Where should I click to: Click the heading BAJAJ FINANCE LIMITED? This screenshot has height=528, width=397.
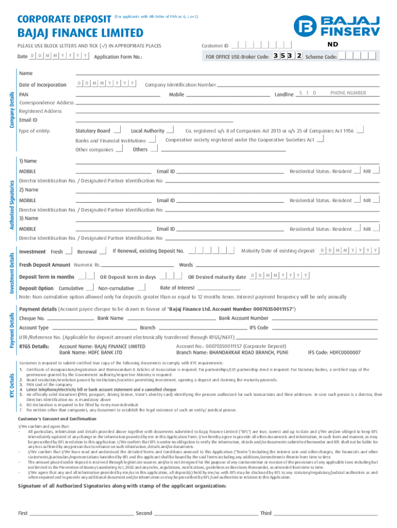81,34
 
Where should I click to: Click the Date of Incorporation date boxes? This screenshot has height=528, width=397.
106,84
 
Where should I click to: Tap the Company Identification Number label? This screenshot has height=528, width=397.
180,85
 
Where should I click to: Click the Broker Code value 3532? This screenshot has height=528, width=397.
288,56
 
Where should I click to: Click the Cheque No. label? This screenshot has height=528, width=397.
31,318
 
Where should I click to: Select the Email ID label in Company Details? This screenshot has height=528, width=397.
28,120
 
